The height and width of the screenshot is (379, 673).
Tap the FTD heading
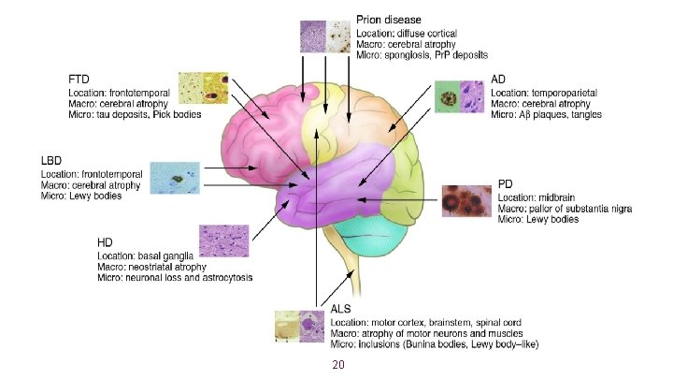pyautogui.click(x=79, y=78)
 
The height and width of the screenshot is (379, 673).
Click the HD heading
pyautogui.click(x=105, y=242)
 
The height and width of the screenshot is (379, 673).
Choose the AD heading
pyautogui.click(x=499, y=80)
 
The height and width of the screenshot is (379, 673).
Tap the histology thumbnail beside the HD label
pyautogui.click(x=223, y=241)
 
